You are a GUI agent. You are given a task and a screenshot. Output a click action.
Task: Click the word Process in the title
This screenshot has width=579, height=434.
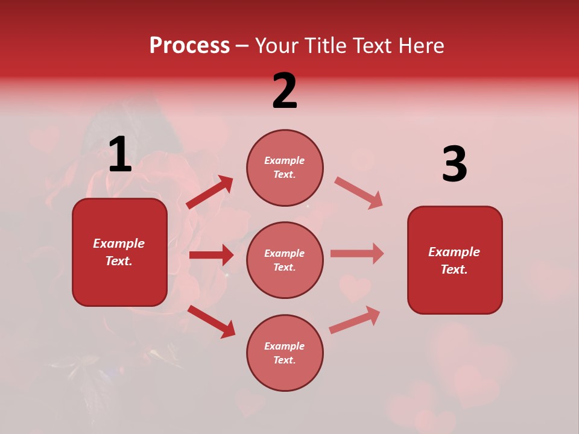click(189, 46)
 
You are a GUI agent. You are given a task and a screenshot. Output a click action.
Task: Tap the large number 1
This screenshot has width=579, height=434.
click(120, 156)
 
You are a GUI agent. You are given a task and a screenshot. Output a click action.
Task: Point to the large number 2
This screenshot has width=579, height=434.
click(285, 90)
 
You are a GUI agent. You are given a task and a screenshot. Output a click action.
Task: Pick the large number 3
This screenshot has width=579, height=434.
click(454, 164)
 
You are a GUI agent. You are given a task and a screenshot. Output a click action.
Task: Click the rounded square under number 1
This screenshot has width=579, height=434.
click(119, 252)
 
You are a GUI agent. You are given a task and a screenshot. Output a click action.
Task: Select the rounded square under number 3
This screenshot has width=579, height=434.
click(455, 260)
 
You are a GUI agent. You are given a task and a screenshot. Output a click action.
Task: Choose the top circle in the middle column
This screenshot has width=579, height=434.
click(285, 168)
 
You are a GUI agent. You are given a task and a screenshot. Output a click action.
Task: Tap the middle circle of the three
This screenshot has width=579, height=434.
click(285, 260)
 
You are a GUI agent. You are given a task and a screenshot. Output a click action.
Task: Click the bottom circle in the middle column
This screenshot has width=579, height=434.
click(285, 353)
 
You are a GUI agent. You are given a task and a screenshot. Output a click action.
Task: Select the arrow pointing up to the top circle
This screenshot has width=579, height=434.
click(210, 192)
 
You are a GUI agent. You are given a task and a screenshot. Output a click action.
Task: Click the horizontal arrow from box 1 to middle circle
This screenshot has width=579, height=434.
click(211, 255)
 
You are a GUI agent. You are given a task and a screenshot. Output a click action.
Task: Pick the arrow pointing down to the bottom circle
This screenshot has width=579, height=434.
click(212, 321)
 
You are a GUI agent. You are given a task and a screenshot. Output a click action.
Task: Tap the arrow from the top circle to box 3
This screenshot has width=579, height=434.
click(358, 192)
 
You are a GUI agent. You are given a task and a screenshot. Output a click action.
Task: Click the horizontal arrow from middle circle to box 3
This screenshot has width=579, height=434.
click(356, 253)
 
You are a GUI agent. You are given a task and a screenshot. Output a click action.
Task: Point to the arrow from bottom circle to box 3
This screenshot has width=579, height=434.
click(355, 319)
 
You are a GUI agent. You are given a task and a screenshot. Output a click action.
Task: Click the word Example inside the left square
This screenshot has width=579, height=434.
click(119, 244)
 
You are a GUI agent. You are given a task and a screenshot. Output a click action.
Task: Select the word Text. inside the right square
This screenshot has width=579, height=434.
click(454, 269)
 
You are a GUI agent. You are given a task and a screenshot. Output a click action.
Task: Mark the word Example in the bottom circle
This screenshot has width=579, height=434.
click(285, 346)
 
